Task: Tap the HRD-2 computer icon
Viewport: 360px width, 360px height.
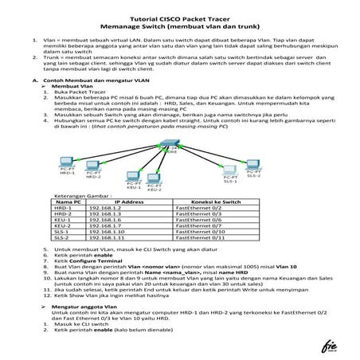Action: [x=94, y=168]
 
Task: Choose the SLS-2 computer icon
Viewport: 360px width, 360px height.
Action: [x=254, y=166]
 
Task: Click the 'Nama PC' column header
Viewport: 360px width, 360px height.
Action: [x=68, y=202]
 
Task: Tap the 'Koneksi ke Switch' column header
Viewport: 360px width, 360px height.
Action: [x=211, y=202]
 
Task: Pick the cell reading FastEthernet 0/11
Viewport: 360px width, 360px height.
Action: [x=202, y=237]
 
